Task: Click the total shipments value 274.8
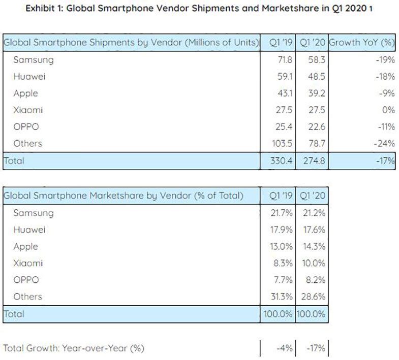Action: point(309,161)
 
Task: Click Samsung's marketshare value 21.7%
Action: point(279,213)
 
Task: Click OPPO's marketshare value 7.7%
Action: point(280,280)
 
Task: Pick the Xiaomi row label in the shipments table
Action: point(29,110)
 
